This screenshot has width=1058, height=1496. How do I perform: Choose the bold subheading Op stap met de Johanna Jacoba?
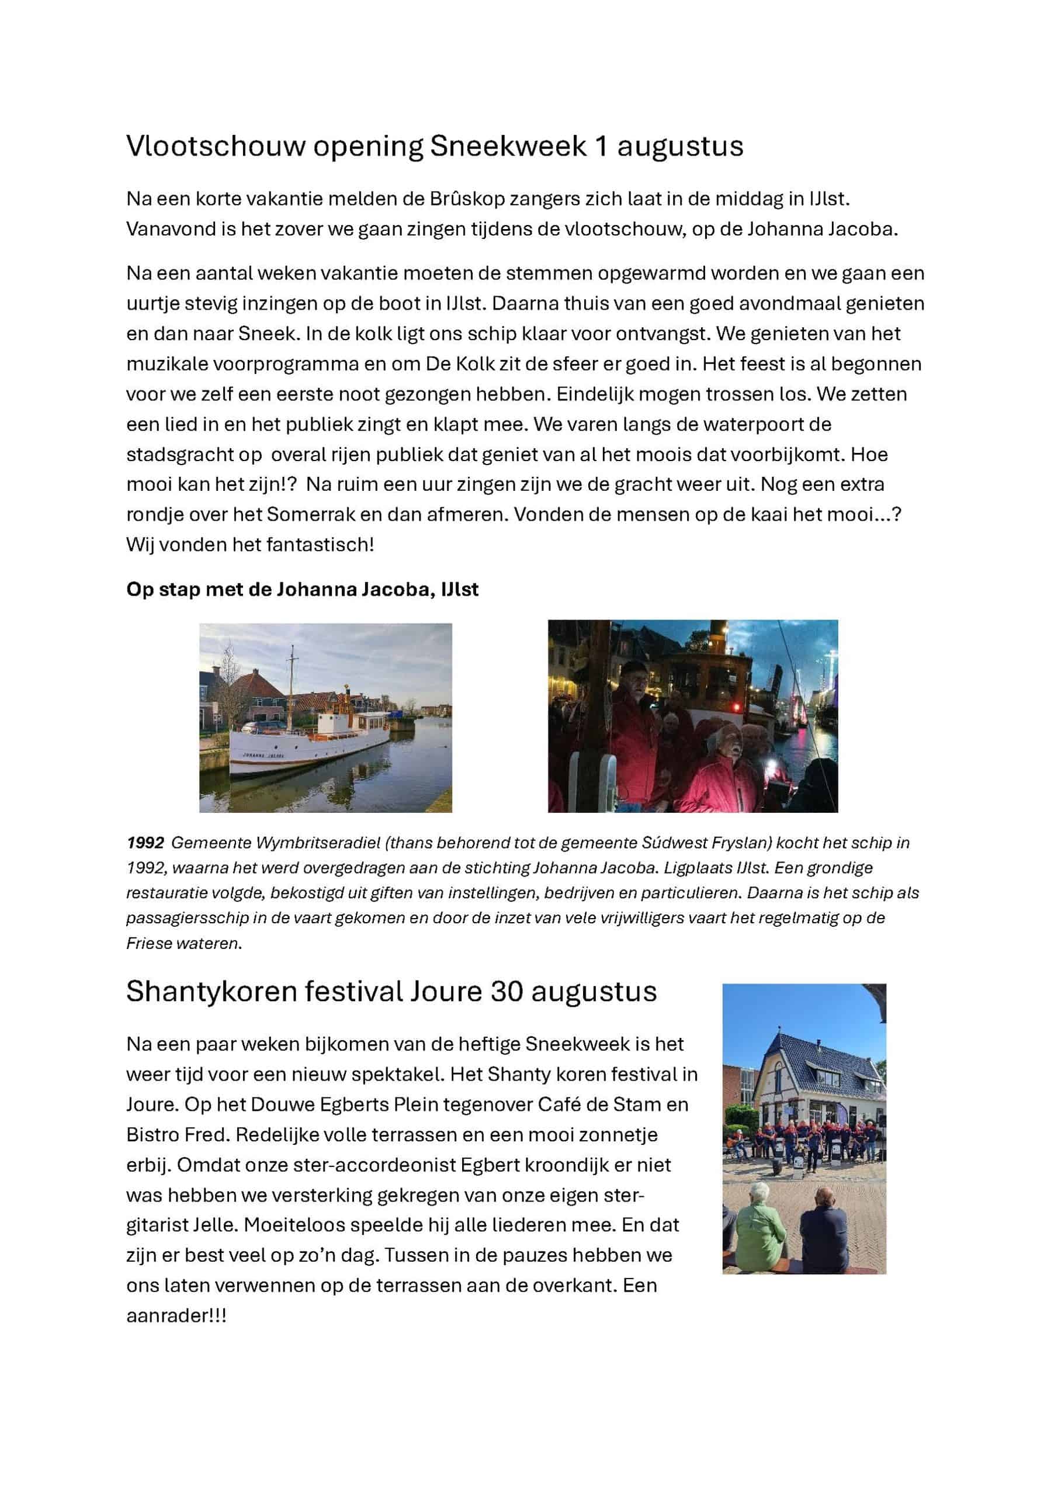(302, 589)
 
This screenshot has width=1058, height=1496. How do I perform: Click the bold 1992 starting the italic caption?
(145, 843)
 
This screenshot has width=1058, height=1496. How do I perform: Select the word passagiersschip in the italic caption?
(179, 918)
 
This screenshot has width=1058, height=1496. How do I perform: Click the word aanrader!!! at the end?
(176, 1315)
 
